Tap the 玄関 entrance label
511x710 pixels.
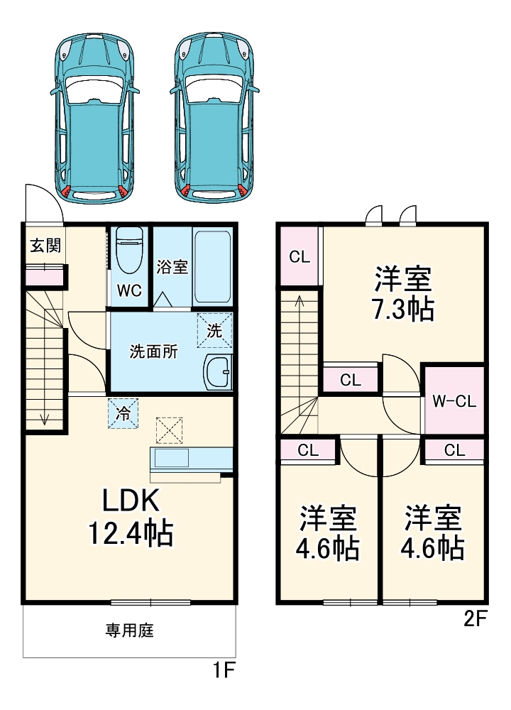44,246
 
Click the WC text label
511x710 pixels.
129,290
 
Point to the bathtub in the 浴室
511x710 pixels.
212,266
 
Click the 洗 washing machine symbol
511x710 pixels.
214,330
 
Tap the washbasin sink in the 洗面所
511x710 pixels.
217,372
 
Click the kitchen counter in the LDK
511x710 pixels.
190,459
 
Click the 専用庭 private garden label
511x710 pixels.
130,630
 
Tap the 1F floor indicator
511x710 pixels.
223,669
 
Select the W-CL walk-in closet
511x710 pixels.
454,401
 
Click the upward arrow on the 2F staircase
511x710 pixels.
299,302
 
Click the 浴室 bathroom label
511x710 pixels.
171,267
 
